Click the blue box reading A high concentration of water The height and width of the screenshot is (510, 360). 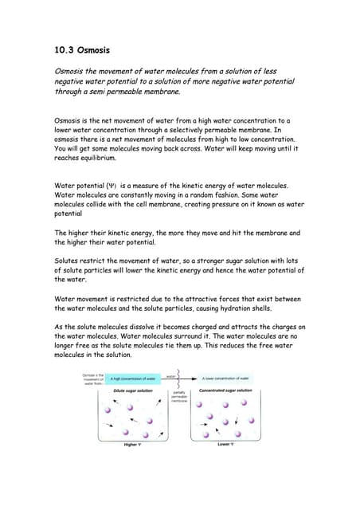pyautogui.click(x=134, y=379)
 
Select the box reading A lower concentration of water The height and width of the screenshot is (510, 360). pyautogui.click(x=227, y=379)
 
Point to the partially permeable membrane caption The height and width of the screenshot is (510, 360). pyautogui.click(x=180, y=396)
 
